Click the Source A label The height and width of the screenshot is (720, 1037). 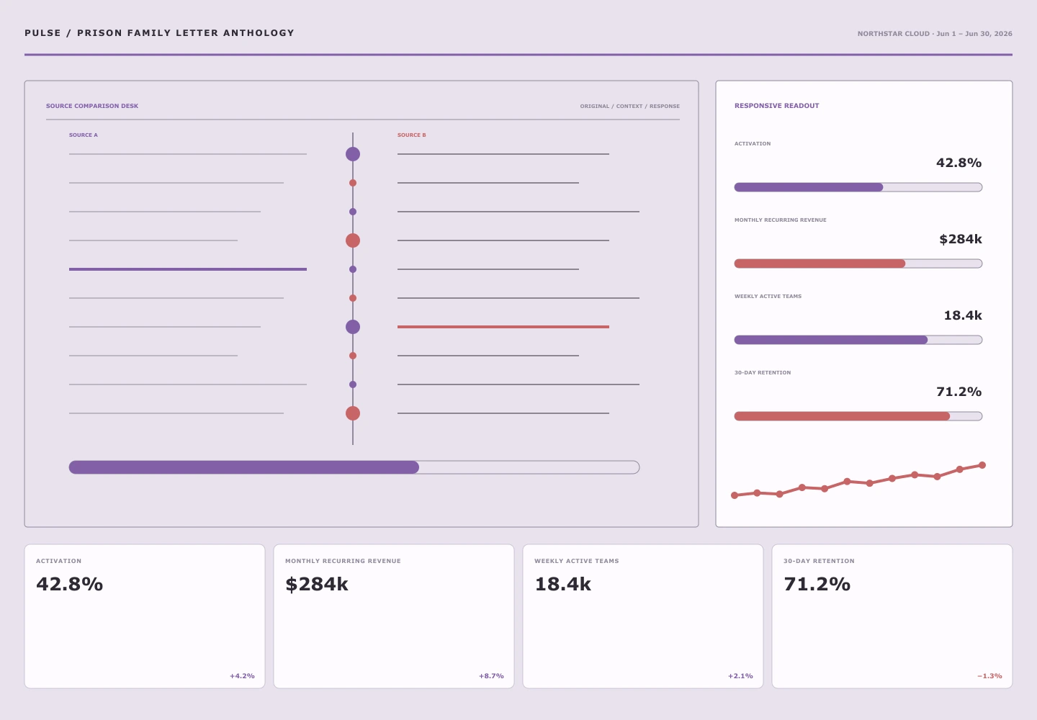(84, 135)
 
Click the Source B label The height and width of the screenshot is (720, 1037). (412, 135)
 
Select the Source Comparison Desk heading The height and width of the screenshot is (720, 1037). (92, 106)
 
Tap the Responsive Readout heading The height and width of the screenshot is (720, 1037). (777, 106)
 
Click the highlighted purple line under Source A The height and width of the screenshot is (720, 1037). (188, 269)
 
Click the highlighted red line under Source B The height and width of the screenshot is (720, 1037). (503, 327)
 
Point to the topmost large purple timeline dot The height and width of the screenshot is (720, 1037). (353, 154)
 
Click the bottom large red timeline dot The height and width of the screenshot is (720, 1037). (353, 413)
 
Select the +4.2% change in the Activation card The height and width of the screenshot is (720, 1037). (242, 676)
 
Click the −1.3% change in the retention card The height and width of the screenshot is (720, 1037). (989, 676)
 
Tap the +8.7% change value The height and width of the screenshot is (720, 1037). (491, 676)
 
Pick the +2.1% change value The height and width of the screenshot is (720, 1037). (740, 676)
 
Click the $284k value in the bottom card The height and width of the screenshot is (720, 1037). (317, 585)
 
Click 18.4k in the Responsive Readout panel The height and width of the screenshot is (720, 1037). (963, 315)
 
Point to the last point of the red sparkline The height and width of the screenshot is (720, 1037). (982, 465)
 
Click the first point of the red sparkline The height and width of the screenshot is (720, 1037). (735, 495)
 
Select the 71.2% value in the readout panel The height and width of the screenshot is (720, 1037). (959, 392)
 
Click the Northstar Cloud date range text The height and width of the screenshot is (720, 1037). (935, 34)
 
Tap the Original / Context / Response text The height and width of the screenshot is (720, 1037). (629, 107)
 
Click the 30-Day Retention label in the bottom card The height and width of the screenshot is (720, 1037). (819, 561)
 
